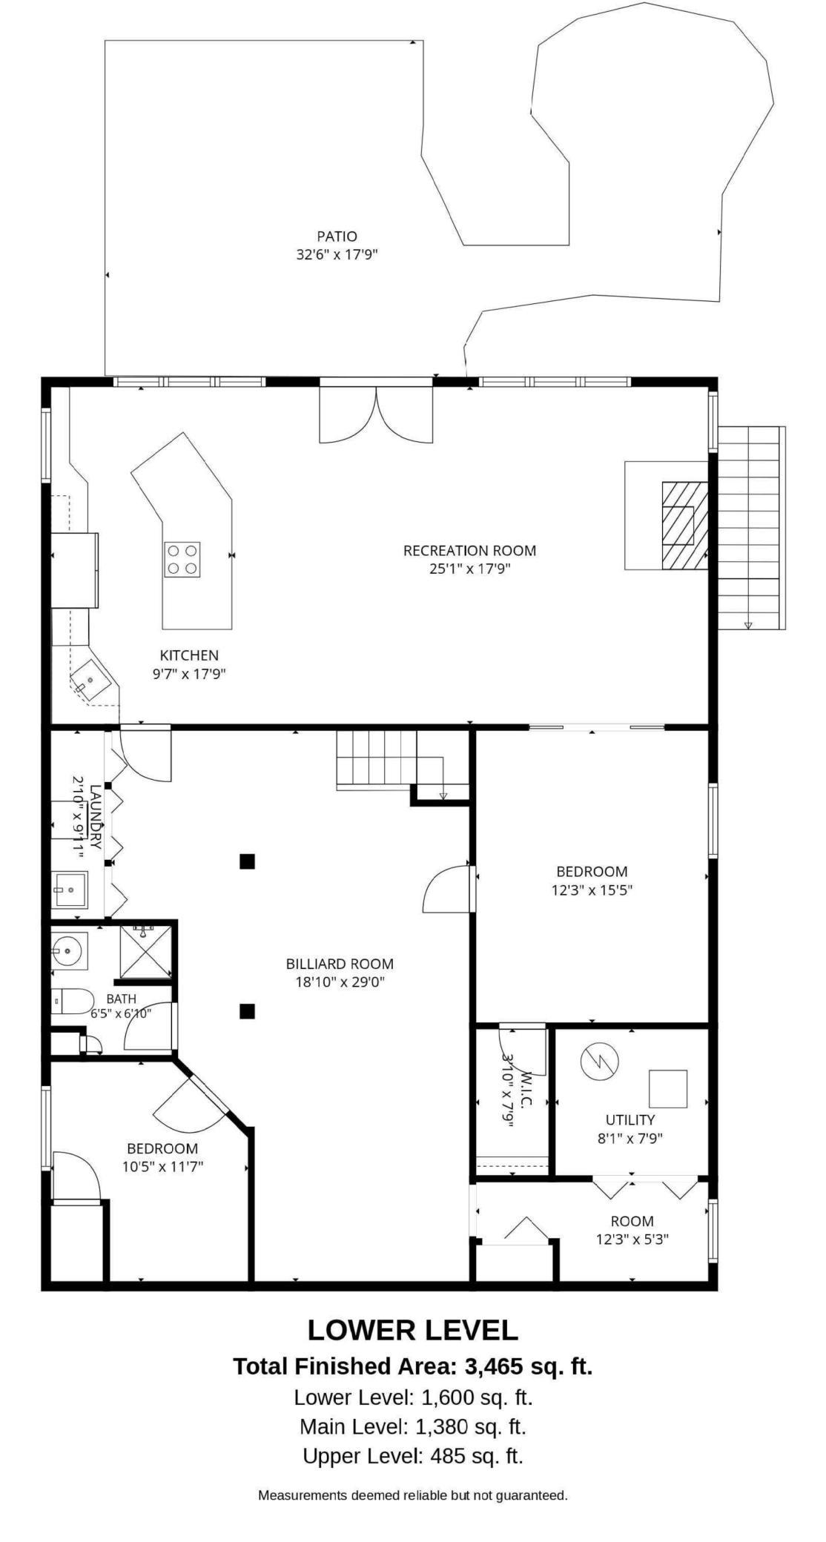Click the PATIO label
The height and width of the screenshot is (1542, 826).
337,236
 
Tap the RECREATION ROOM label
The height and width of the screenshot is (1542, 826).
469,550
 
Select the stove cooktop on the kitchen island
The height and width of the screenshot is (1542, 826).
182,559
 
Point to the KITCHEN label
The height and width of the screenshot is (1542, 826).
189,655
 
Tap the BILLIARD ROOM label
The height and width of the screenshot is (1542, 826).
340,964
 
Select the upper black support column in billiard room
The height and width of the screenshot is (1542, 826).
248,861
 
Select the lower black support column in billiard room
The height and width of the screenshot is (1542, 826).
248,1010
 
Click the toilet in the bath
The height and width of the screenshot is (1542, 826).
72,1002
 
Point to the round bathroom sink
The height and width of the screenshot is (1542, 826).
68,950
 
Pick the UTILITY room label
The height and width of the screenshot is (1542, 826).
630,1119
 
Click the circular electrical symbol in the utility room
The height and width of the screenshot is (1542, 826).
598,1063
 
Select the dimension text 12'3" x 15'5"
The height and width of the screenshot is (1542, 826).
592,890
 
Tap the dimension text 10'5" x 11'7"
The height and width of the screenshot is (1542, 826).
163,1166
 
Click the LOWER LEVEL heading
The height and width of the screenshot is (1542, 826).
412,1330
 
